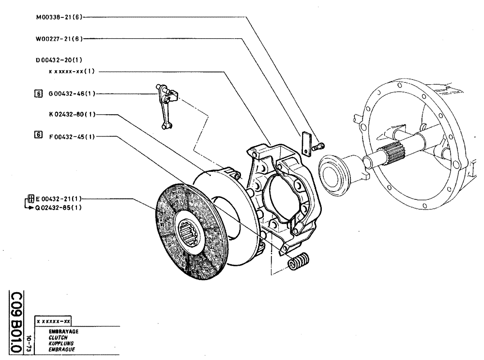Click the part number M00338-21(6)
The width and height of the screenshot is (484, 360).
(60, 16)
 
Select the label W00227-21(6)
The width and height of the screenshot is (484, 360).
(60, 39)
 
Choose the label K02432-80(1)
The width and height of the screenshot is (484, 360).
(72, 115)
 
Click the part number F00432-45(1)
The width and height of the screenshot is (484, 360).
(72, 136)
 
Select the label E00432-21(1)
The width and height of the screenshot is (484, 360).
(59, 198)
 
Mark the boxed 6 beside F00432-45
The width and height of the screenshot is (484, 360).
(39, 135)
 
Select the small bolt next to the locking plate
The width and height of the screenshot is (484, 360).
(318, 145)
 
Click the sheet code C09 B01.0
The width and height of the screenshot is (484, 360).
(16, 322)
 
